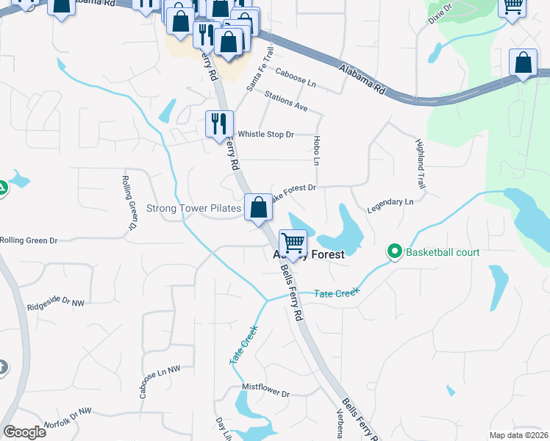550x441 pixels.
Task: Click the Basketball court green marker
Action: [395, 252]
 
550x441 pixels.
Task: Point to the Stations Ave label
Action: [286, 101]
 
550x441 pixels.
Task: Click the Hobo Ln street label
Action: [318, 151]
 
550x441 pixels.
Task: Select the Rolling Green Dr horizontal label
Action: [29, 240]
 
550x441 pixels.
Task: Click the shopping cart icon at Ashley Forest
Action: [293, 243]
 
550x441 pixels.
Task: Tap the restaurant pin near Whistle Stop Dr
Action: [218, 123]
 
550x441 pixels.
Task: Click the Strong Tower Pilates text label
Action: [194, 209]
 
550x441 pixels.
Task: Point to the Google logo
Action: [24, 432]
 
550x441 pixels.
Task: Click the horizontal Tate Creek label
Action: [337, 293]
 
